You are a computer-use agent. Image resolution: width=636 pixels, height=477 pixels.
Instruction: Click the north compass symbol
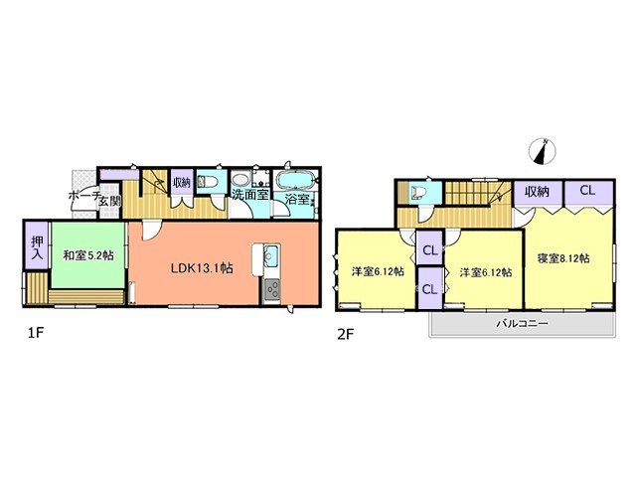tap(543, 152)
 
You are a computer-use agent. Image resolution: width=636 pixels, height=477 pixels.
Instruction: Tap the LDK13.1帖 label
tap(202, 268)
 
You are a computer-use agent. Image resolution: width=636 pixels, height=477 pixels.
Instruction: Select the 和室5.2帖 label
tap(88, 256)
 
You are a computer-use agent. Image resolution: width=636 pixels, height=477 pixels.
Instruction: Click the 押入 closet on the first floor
tap(38, 245)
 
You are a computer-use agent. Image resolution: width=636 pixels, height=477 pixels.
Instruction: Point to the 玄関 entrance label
tap(110, 201)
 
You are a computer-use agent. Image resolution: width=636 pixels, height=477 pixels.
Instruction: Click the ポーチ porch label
tap(84, 195)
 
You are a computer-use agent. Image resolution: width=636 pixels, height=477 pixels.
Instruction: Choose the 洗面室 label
tap(250, 195)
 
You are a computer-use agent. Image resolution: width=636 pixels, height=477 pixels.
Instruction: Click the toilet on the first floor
tap(208, 181)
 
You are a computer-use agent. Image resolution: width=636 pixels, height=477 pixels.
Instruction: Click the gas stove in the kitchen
tap(272, 290)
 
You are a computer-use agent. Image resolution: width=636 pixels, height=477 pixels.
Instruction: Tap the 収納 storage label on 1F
tap(181, 183)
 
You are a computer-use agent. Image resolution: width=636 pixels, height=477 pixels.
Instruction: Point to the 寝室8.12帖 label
tap(563, 258)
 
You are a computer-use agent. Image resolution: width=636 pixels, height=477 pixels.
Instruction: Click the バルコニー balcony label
tap(523, 323)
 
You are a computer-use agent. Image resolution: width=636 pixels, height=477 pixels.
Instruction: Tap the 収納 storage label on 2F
tap(537, 192)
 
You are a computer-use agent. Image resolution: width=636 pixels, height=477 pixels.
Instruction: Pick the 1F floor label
tap(36, 333)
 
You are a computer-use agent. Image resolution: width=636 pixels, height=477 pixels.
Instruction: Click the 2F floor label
tap(346, 335)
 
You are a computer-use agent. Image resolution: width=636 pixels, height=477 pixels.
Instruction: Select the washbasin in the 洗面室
tap(240, 179)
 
